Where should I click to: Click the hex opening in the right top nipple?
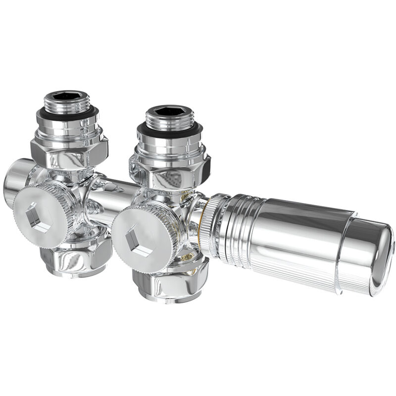tap(169, 111)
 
